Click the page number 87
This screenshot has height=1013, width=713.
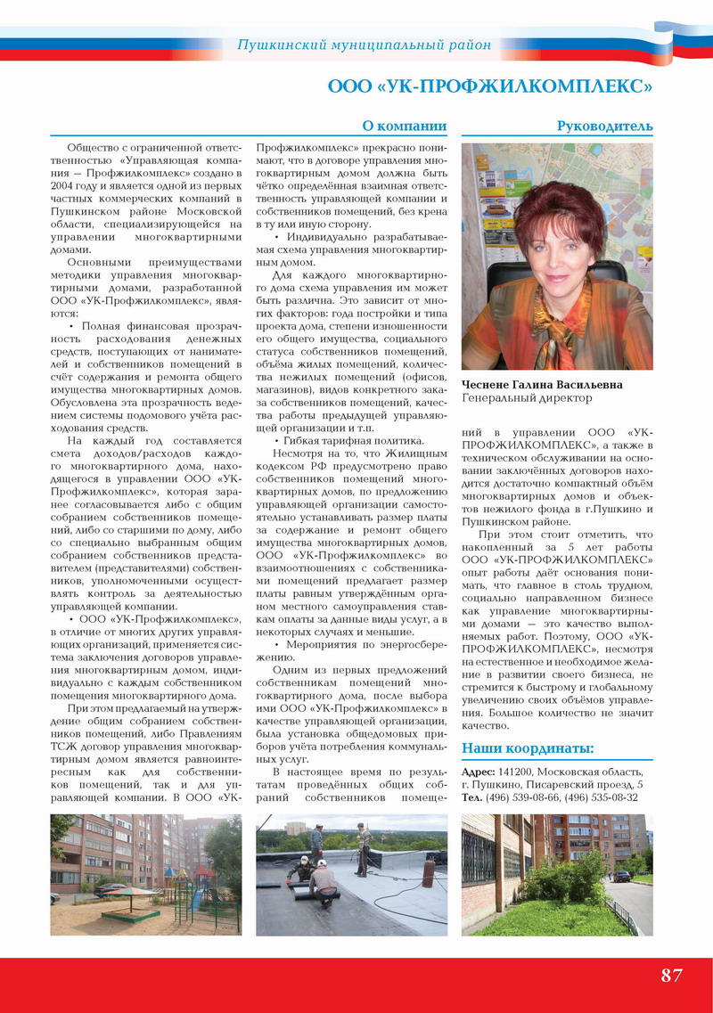tap(671, 975)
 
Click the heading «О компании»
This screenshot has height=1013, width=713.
tap(404, 126)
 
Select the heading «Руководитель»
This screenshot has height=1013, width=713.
tap(604, 126)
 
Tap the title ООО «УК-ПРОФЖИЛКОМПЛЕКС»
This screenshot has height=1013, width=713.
tap(490, 86)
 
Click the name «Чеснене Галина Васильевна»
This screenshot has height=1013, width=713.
tap(542, 385)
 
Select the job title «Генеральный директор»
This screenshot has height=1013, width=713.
tap(526, 398)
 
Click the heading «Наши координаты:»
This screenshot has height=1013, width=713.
tap(528, 748)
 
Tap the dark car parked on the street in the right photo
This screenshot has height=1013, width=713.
tap(621, 876)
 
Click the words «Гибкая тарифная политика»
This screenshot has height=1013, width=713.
tap(354, 441)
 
